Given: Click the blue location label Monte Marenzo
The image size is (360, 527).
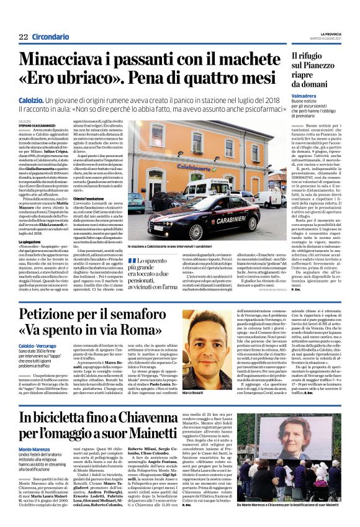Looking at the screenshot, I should pos(34,448).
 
